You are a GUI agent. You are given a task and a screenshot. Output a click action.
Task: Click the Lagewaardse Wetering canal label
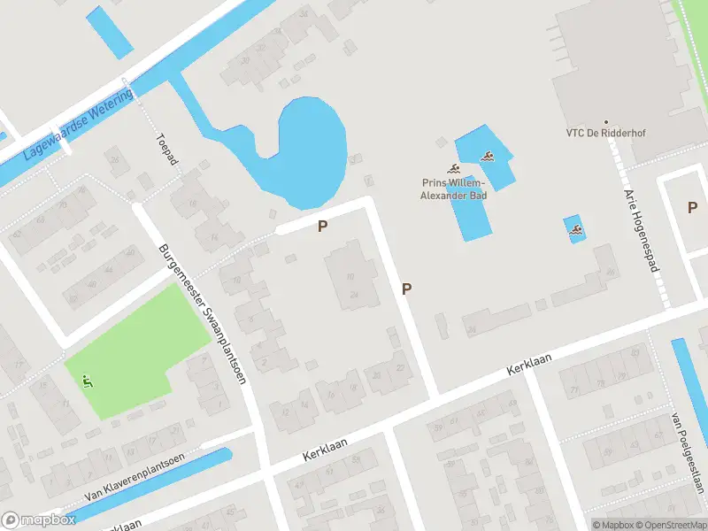click(x=79, y=124)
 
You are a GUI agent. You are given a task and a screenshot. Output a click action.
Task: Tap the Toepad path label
click(x=166, y=150)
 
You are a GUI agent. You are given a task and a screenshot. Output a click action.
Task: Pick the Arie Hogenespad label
click(x=643, y=230)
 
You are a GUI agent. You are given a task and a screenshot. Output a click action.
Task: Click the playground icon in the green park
click(x=87, y=381)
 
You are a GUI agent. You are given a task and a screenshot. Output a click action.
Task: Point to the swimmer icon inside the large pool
click(x=487, y=158)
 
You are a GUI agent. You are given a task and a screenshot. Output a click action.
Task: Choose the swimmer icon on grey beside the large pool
click(x=454, y=168)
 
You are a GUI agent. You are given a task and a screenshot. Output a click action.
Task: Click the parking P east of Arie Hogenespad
click(x=692, y=208)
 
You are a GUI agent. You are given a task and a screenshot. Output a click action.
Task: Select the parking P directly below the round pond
click(x=323, y=227)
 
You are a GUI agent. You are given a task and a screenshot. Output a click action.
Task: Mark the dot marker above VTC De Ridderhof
click(x=606, y=122)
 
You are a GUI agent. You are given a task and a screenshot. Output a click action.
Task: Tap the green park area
click(x=133, y=354)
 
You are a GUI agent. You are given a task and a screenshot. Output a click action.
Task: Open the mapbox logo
click(x=38, y=519)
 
